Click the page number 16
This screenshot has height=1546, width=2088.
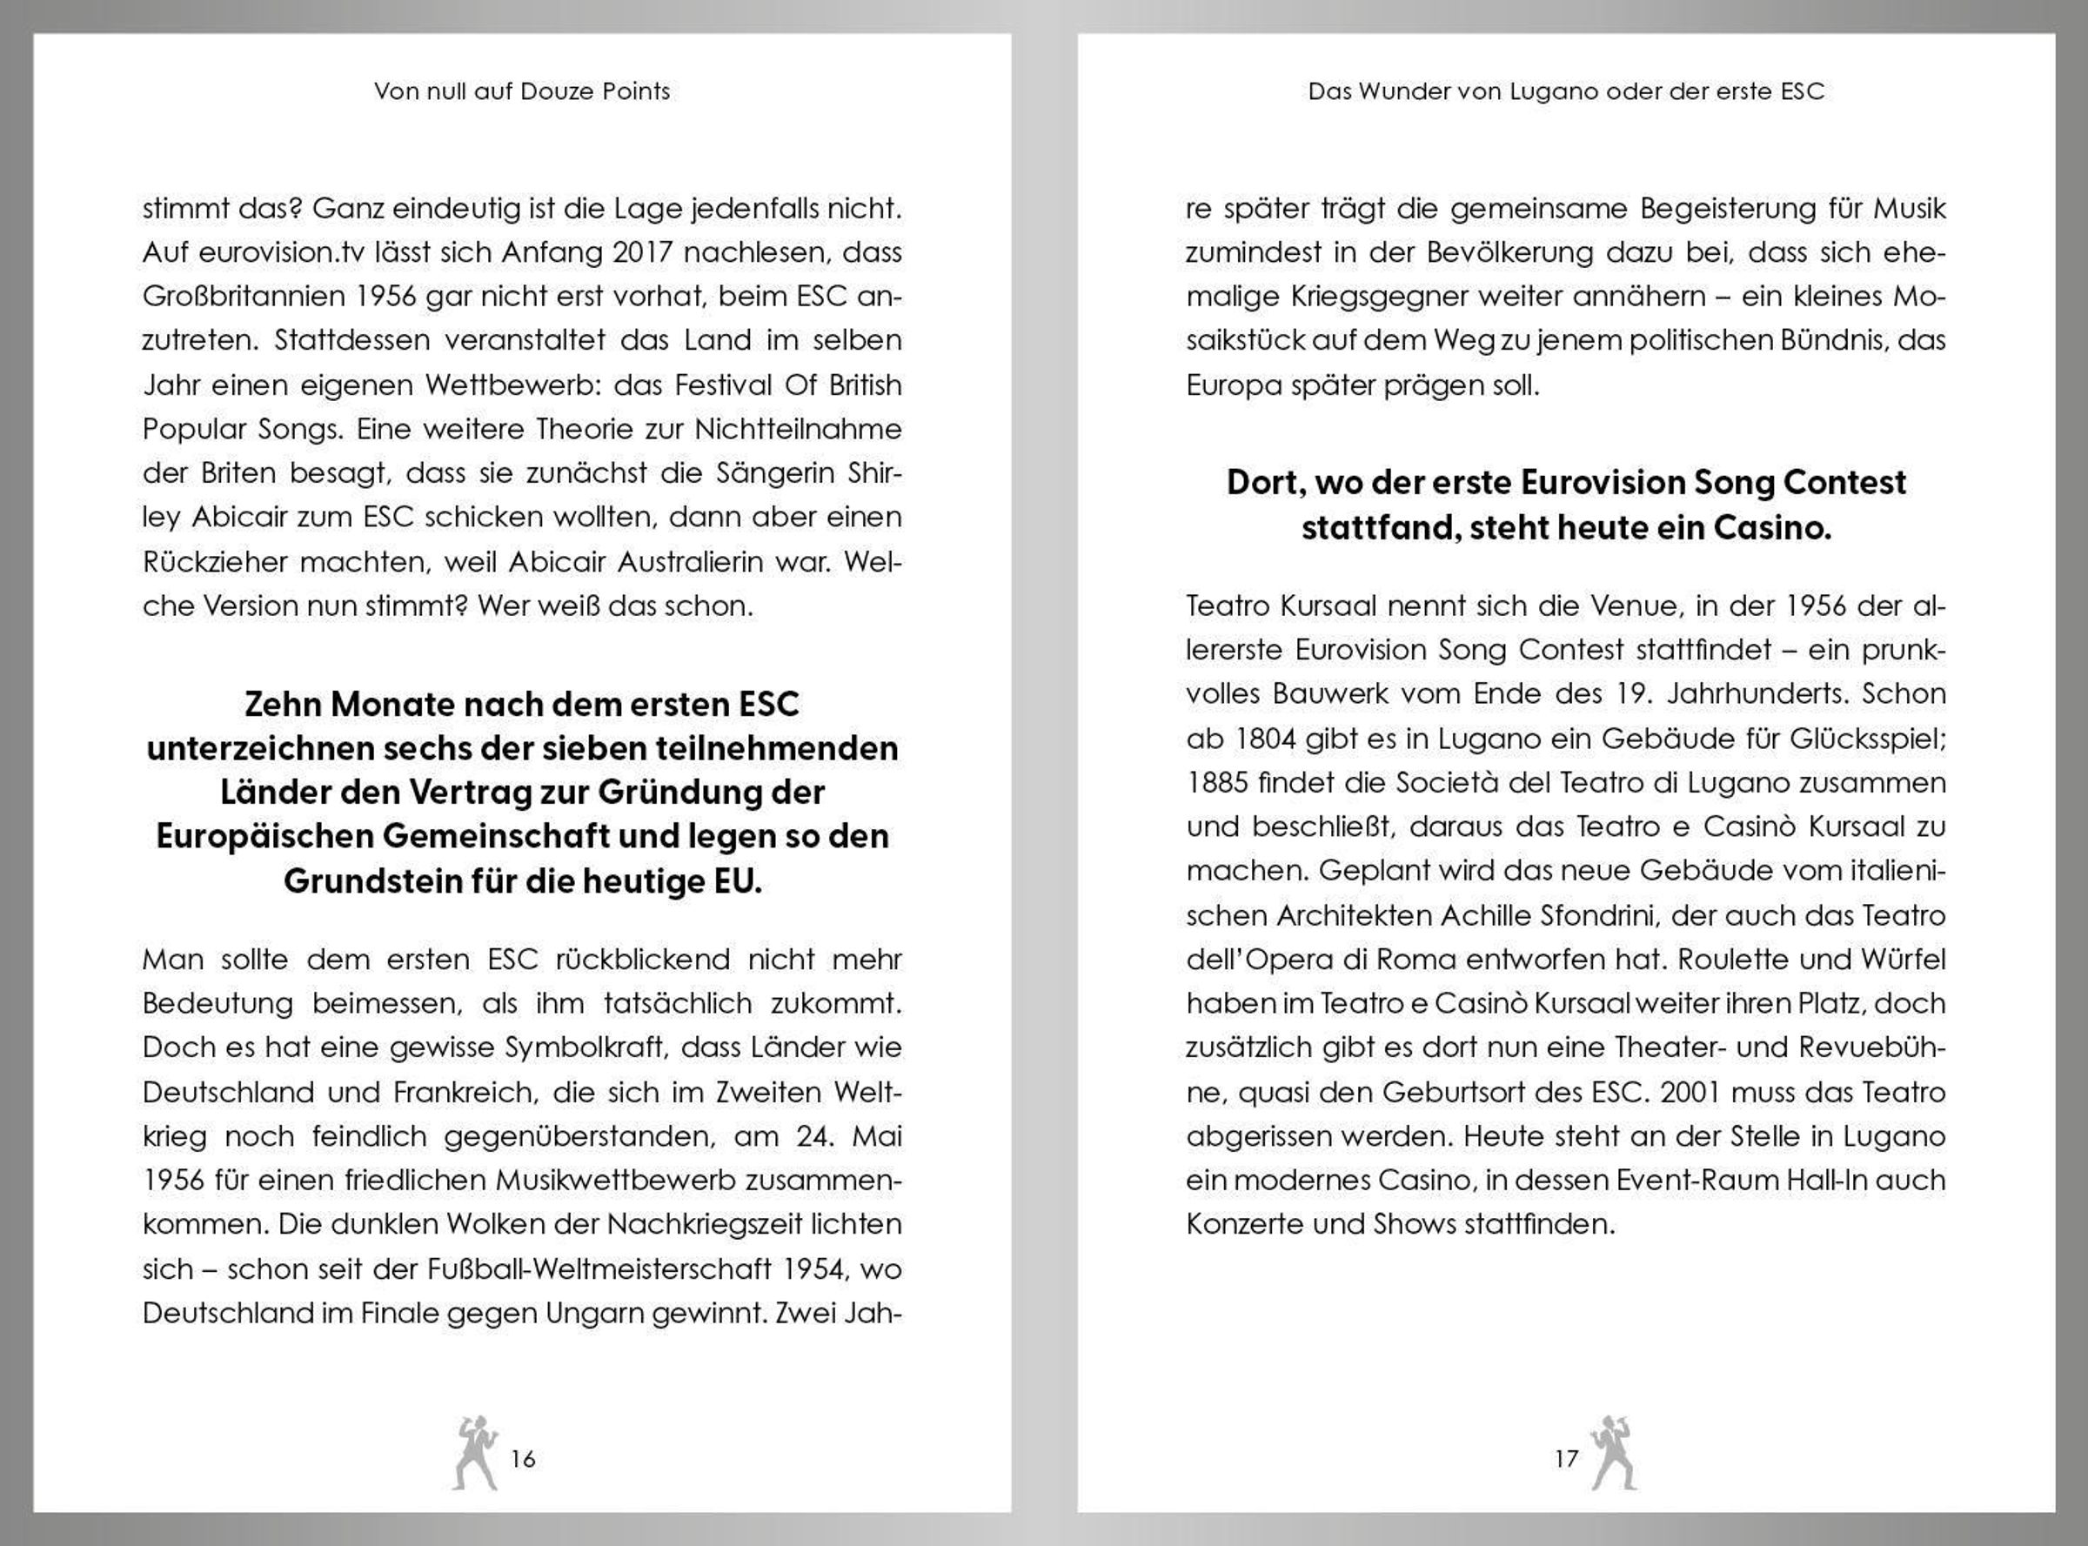(523, 1458)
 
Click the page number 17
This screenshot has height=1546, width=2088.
(1567, 1458)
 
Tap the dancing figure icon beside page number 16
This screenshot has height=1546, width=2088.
(475, 1451)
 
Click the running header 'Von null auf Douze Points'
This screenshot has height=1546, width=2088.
(522, 90)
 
